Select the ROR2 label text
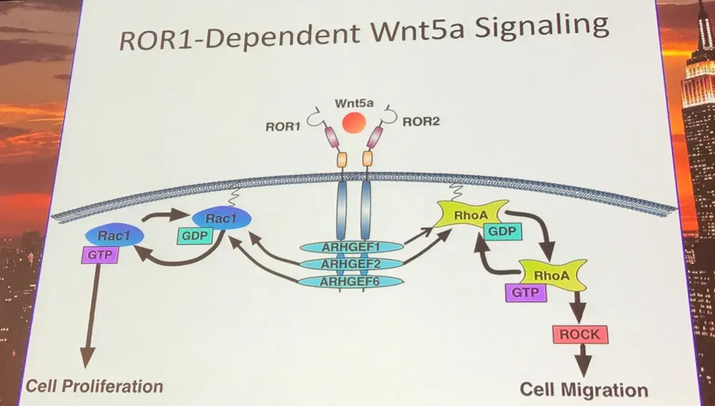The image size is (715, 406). point(420,122)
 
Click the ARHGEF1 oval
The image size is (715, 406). point(349,248)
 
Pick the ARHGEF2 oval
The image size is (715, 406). point(349,264)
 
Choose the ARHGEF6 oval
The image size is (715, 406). point(349,281)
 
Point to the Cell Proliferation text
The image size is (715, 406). point(94,387)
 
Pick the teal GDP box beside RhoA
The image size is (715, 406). point(503,232)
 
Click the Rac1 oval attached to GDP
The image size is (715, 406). point(220,219)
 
